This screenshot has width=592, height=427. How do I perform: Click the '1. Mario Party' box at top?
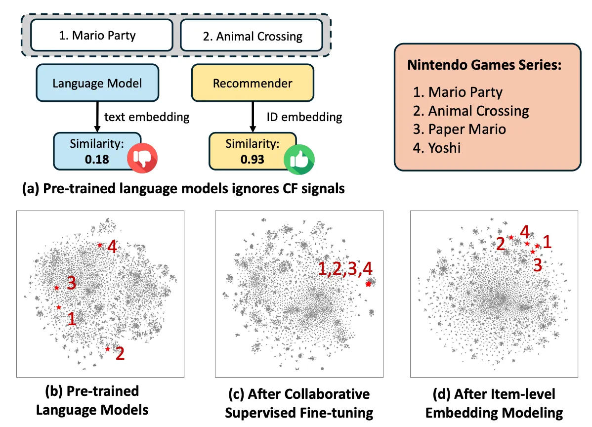click(102, 36)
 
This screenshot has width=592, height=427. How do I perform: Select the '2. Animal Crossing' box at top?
click(252, 36)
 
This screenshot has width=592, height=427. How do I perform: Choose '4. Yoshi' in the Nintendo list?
click(437, 147)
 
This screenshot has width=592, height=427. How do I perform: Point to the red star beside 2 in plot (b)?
click(108, 349)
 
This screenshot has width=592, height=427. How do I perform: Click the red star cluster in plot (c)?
click(368, 284)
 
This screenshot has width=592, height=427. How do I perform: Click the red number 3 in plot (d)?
click(538, 265)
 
